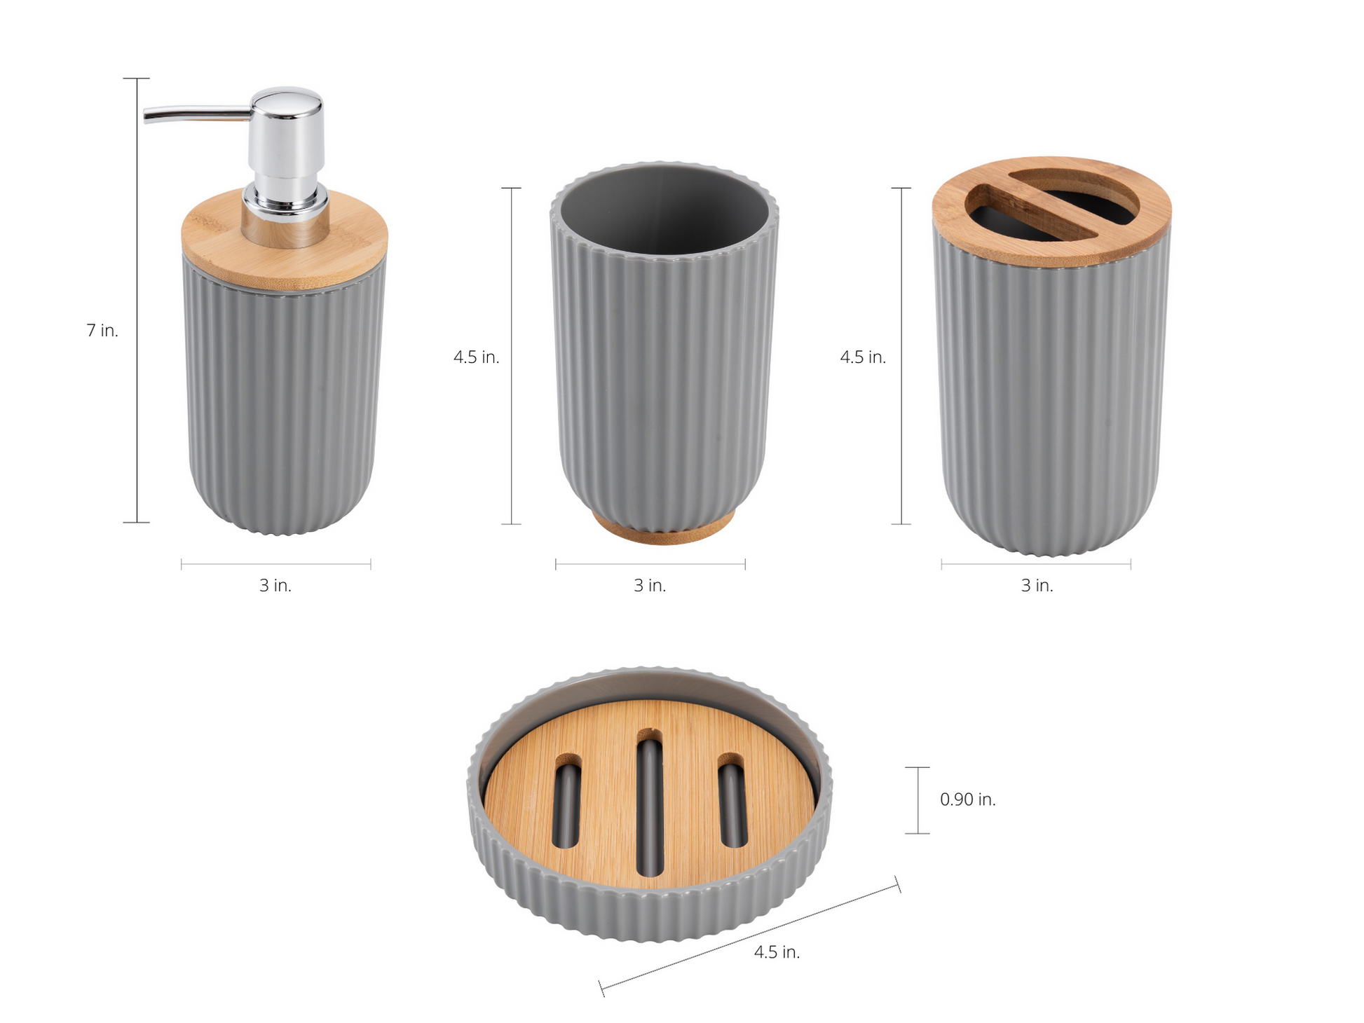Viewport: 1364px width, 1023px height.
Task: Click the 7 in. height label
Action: pos(102,330)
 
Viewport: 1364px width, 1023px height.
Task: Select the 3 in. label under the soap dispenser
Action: pos(275,585)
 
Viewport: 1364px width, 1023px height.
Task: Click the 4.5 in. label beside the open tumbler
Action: pos(476,357)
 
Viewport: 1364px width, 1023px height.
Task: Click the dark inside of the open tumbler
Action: pos(664,210)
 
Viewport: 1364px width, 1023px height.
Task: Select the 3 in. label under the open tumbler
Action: pos(650,585)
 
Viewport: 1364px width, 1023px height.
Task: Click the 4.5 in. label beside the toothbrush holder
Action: pos(863,357)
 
